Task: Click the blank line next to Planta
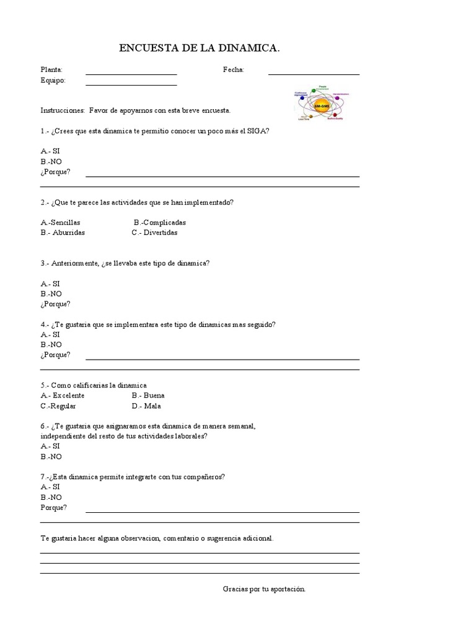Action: [131, 74]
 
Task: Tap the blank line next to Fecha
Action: [314, 74]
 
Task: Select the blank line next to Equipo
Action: [131, 84]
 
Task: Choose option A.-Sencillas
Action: [61, 222]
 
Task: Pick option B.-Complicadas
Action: [160, 222]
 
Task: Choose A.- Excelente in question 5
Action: [63, 395]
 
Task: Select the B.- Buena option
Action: [148, 395]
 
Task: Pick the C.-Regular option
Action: [58, 406]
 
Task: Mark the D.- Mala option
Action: [146, 406]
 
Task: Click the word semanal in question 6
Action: [240, 426]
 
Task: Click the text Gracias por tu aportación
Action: [264, 588]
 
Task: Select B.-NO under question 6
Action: [51, 456]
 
